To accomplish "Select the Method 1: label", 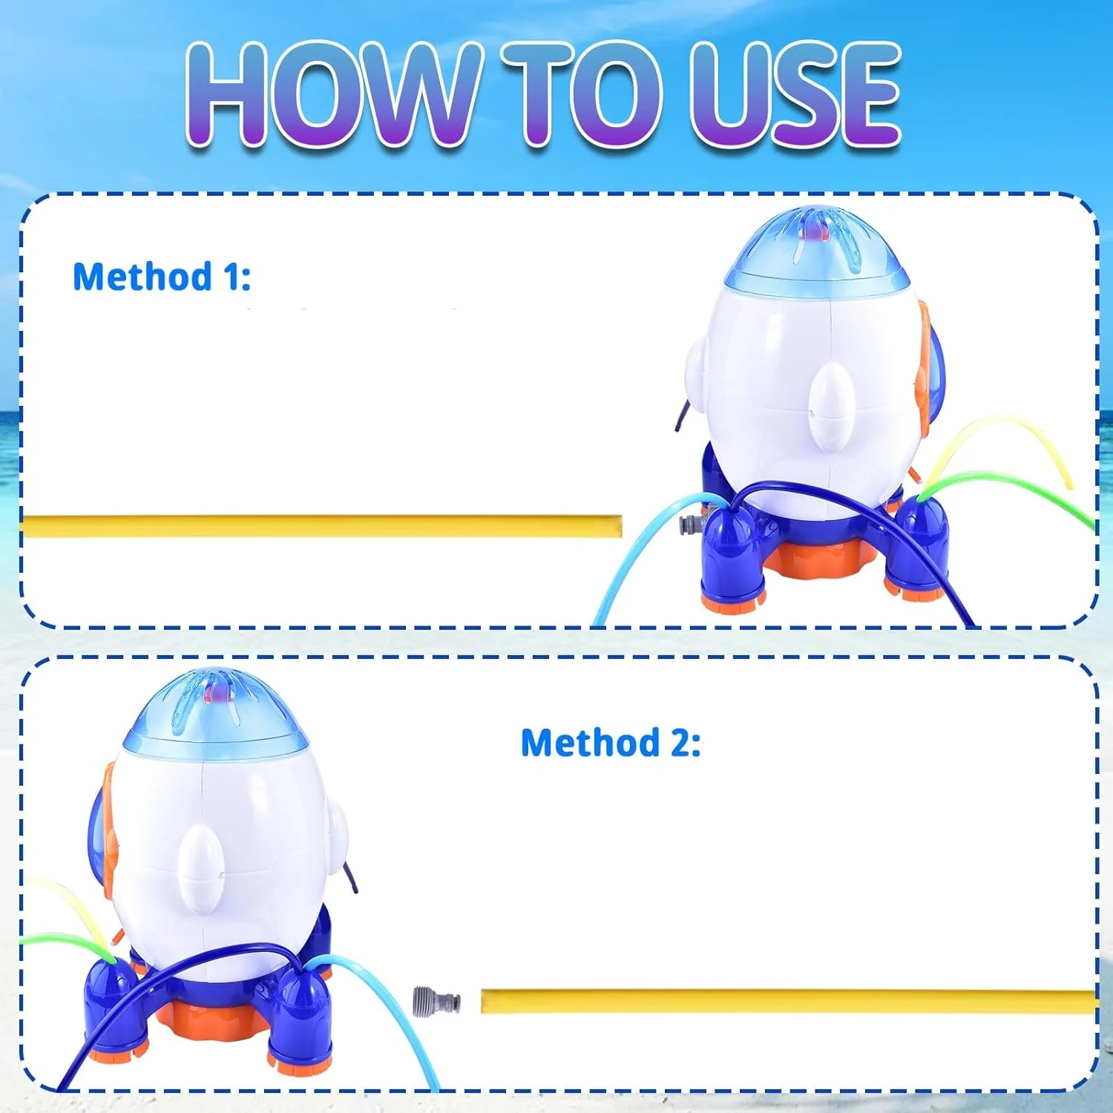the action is (162, 277).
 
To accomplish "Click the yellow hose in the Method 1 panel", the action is (321, 526).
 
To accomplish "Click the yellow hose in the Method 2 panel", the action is (789, 1001).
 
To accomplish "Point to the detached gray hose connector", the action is (437, 1002).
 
